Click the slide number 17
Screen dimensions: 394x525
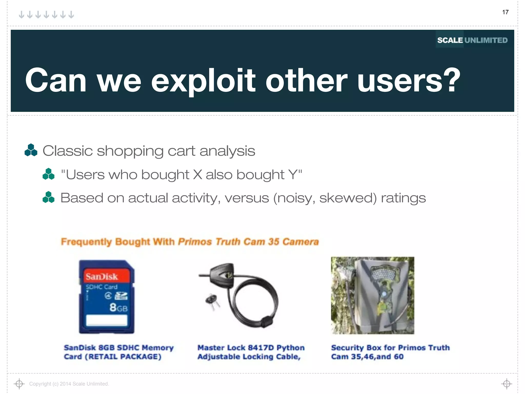pos(505,12)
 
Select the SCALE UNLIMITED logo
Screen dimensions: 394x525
pos(472,40)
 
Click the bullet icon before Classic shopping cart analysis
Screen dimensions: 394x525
pos(31,150)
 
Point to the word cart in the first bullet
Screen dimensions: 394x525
pos(181,151)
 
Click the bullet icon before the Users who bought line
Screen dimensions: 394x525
pos(48,174)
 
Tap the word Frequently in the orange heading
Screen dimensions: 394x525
pos(86,242)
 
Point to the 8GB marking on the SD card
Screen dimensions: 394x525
pos(118,307)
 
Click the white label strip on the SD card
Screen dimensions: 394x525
pos(107,320)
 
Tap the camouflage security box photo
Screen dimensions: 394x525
pos(372,295)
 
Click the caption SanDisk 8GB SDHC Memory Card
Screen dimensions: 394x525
pos(118,352)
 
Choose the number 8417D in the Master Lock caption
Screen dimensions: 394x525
pos(261,348)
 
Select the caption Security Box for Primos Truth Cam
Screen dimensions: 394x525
pos(390,352)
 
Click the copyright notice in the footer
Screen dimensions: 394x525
pos(69,384)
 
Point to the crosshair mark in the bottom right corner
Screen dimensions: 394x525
pos(507,384)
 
